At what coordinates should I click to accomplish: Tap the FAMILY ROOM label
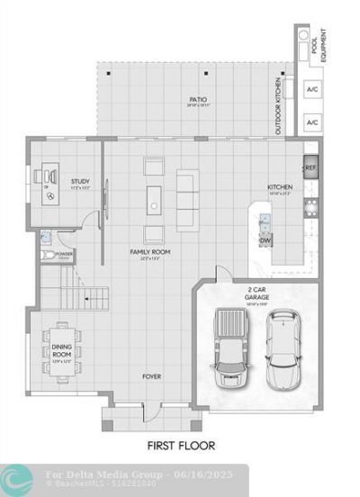(x=150, y=252)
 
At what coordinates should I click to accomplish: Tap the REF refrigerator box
(x=310, y=167)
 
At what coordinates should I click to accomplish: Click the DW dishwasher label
(x=265, y=240)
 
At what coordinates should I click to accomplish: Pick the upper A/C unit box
(x=312, y=90)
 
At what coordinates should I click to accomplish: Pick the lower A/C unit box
(x=312, y=122)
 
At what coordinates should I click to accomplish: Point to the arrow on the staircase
(x=86, y=296)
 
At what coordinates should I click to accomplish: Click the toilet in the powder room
(x=45, y=239)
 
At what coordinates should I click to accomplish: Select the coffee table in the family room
(x=154, y=200)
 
